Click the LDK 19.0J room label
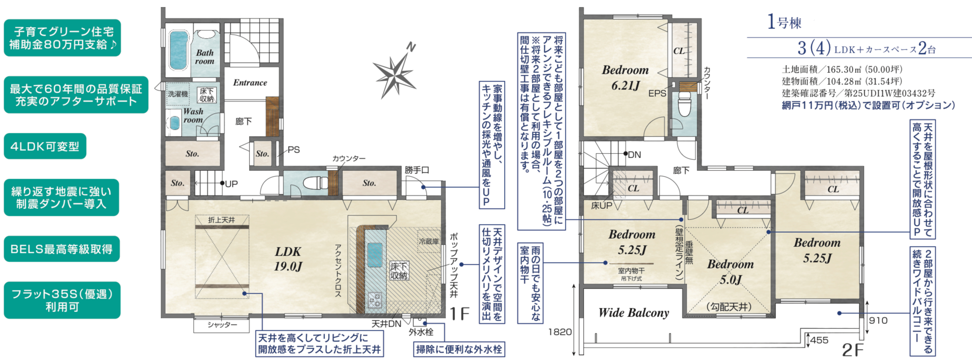click(288, 258)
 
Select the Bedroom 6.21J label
click(625, 77)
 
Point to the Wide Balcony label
click(634, 313)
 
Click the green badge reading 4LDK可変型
click(45, 146)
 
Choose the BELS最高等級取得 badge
click(62, 249)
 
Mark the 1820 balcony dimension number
click(560, 332)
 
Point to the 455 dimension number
click(819, 340)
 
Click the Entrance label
click(250, 82)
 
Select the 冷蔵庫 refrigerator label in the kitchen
click(429, 241)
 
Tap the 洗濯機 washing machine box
click(178, 94)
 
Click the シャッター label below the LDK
click(222, 325)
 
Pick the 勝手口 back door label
click(417, 170)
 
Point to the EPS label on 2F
click(657, 93)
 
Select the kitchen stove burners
click(375, 300)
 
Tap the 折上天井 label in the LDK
click(222, 220)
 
